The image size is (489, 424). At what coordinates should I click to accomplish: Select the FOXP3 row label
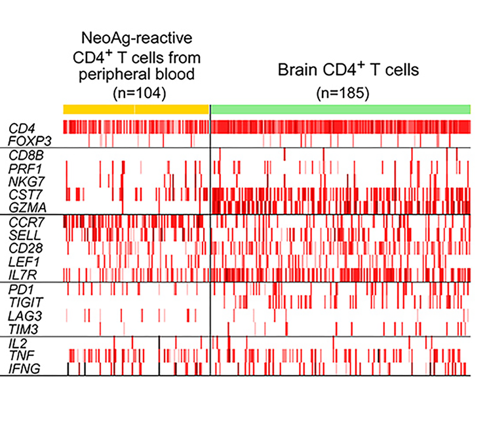click(x=24, y=139)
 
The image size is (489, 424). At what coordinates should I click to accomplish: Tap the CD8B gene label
click(x=21, y=155)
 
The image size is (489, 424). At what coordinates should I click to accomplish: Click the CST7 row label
click(x=21, y=194)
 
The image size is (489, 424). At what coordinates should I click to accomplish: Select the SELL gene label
click(x=20, y=234)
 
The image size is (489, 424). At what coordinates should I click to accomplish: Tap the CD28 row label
click(x=21, y=247)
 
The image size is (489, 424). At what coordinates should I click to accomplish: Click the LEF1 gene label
click(x=20, y=260)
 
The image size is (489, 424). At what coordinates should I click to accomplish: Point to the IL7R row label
click(x=20, y=274)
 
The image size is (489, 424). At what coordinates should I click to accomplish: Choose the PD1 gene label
click(x=18, y=289)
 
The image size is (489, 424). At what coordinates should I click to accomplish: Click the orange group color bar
click(x=136, y=109)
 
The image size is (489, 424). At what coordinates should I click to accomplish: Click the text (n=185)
click(x=341, y=92)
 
